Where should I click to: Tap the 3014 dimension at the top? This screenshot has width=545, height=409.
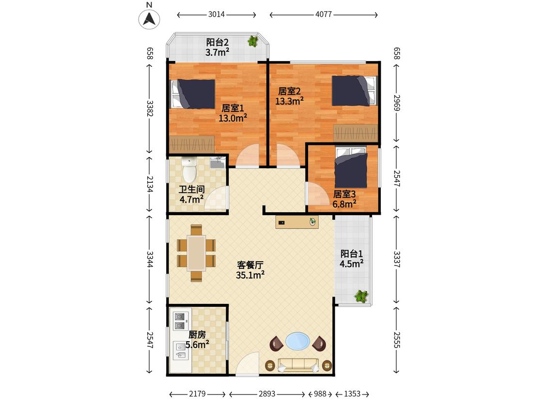point(216,15)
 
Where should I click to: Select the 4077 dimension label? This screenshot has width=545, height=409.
point(323,15)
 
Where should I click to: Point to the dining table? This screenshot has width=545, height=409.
point(196,253)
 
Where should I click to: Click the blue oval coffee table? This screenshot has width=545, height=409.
point(297,341)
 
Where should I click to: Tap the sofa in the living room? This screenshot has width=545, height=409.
point(298,365)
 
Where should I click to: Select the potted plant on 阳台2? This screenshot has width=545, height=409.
point(253,41)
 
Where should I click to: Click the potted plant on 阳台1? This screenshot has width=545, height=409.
point(361,296)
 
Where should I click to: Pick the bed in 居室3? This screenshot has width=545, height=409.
point(351,168)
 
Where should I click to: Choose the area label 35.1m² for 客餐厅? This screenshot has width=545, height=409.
point(250,275)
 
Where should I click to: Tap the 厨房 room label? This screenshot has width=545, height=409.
point(197,334)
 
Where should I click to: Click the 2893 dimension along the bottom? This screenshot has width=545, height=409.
point(267,394)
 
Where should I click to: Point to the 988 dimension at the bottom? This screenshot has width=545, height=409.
point(320,394)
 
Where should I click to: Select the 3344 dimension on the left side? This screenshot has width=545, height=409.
point(150,259)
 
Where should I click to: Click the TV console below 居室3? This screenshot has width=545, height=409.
point(297,222)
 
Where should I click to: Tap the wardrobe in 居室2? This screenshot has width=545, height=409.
point(355,132)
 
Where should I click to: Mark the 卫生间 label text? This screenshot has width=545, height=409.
point(191,189)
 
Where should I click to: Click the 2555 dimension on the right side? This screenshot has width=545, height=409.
point(397,340)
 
